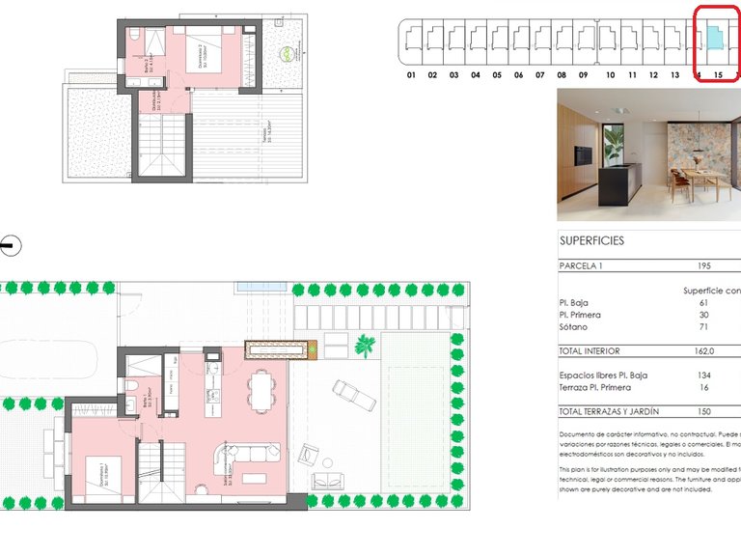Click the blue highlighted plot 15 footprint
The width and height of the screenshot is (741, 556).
tap(714, 39)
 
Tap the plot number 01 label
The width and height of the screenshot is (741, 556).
tap(411, 74)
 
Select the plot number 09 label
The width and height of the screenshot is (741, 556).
tap(584, 74)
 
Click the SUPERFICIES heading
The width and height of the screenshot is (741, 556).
tap(591, 240)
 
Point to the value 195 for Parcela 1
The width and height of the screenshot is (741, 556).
tap(704, 265)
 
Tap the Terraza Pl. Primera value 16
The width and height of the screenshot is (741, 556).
tap(704, 387)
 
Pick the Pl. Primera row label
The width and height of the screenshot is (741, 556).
tap(580, 315)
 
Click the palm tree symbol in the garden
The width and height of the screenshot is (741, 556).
tap(366, 345)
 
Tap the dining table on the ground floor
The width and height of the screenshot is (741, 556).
tap(261, 392)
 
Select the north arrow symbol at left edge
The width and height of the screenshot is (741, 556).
tap(10, 245)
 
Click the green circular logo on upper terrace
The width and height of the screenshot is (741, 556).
tap(286, 54)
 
